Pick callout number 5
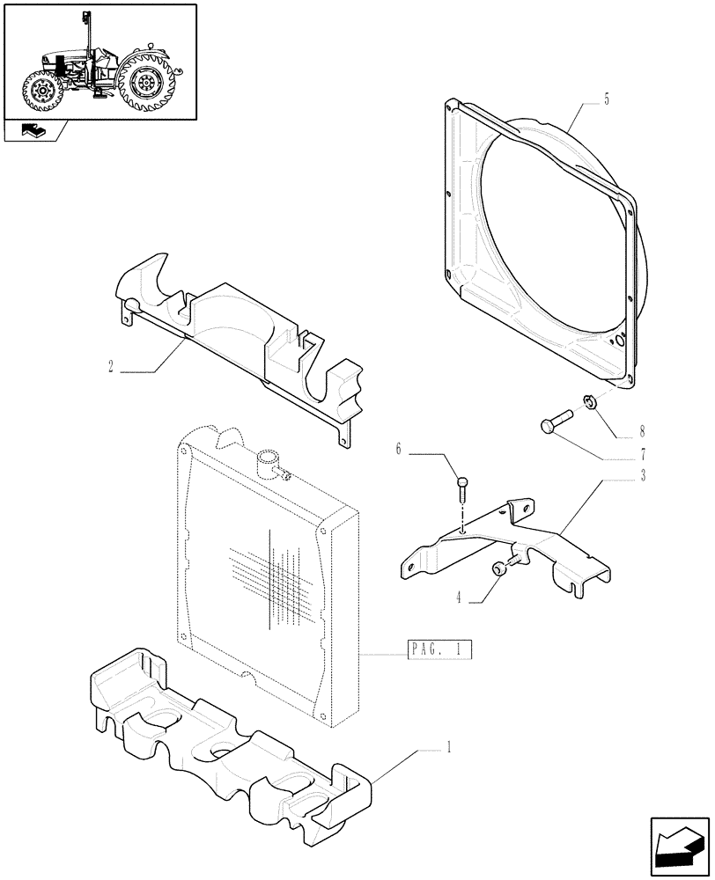pos(607,100)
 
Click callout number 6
pos(398,450)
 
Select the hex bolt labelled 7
pos(554,421)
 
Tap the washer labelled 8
pos(589,404)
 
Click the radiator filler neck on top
pos(268,461)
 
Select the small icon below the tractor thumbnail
pos(33,133)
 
